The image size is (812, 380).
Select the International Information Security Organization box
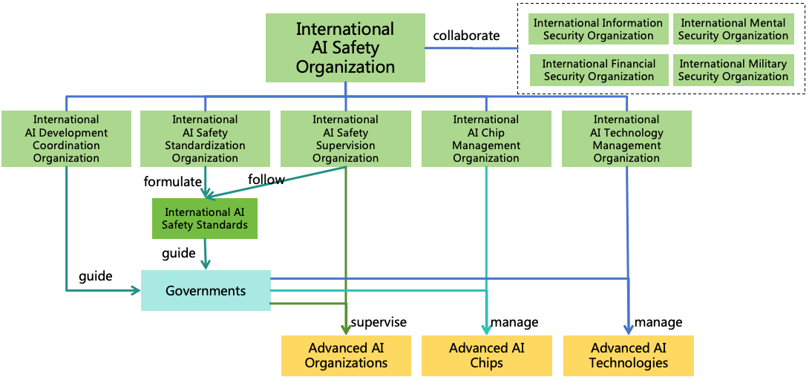(x=598, y=30)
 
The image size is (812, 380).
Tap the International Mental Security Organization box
(x=733, y=30)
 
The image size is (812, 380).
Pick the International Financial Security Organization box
(x=598, y=70)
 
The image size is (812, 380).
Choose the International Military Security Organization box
(x=733, y=70)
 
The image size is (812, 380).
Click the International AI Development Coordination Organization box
(x=66, y=139)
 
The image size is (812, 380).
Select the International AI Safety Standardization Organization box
(x=205, y=139)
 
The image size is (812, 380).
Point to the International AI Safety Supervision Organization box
(x=345, y=139)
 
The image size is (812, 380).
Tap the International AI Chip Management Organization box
(x=486, y=139)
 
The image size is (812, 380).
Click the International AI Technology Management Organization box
(x=626, y=139)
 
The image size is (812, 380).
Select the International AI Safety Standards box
(x=205, y=218)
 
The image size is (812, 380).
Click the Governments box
(x=206, y=290)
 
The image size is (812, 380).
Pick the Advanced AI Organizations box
(x=346, y=356)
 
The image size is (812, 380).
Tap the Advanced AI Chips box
(x=487, y=356)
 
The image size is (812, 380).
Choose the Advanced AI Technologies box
(x=628, y=356)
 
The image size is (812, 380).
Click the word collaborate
(x=466, y=36)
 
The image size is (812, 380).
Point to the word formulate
(x=172, y=182)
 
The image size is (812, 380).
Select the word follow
(x=266, y=180)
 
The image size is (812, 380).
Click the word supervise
(x=379, y=322)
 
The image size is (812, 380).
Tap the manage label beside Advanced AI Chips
(x=514, y=322)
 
